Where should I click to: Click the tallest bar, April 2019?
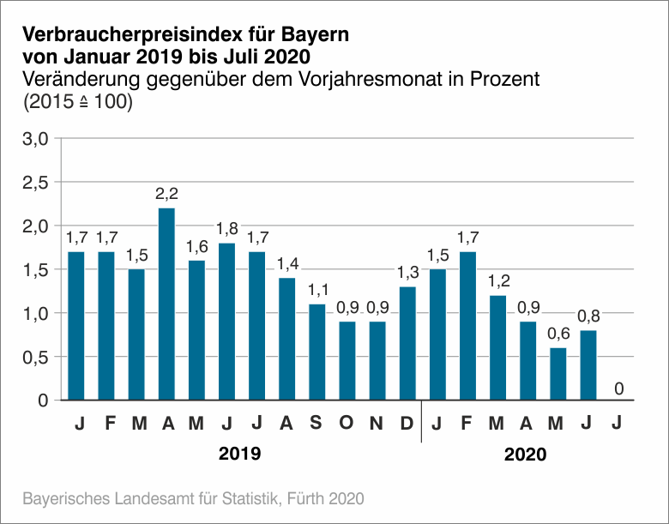[x=166, y=304]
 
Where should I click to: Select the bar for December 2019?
[x=407, y=343]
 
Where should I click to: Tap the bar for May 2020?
[x=557, y=373]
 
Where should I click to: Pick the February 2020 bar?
[x=467, y=325]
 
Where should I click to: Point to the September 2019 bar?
[x=317, y=352]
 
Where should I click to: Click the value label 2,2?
[x=166, y=194]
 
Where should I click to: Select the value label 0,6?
[x=557, y=334]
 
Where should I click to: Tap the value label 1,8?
[x=226, y=229]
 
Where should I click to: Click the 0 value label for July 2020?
[x=618, y=388]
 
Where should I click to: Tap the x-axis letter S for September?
[x=317, y=423]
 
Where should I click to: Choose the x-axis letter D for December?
[x=407, y=423]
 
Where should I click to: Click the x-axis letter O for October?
[x=347, y=423]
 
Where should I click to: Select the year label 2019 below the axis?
[x=240, y=454]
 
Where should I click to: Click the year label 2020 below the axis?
[x=525, y=454]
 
